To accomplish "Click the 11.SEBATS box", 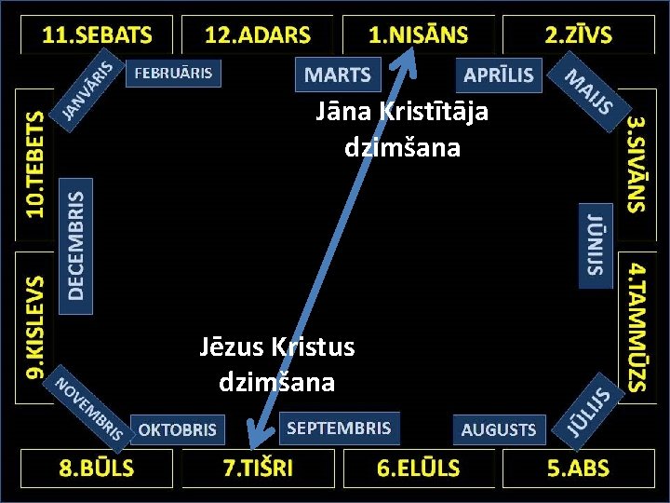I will click(x=98, y=35).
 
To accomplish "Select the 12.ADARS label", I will click(x=258, y=35).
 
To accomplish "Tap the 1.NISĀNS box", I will click(x=418, y=35).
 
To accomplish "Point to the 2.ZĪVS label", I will click(x=578, y=35).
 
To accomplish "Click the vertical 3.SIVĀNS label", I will click(x=636, y=164).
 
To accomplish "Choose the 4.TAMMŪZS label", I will click(x=636, y=325).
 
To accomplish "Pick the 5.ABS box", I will click(x=578, y=468).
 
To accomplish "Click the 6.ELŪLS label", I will click(x=418, y=468).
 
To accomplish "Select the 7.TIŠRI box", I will click(x=258, y=468).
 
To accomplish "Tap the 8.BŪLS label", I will click(x=97, y=468).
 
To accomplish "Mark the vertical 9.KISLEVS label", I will click(x=34, y=326).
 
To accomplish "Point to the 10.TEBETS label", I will click(x=34, y=164).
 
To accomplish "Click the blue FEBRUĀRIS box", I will click(x=174, y=73).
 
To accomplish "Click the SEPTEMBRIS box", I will click(x=339, y=428).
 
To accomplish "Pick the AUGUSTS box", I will click(x=499, y=429).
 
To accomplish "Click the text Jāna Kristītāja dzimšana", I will click(x=402, y=129).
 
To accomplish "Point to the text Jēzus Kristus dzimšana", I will click(x=276, y=364).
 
